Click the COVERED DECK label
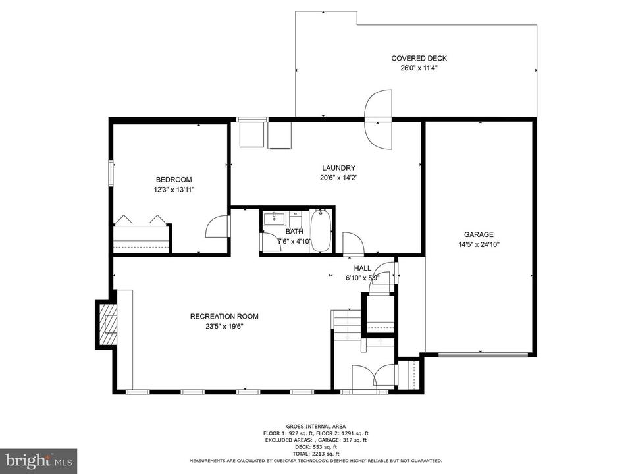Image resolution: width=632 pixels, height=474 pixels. (x=419, y=58)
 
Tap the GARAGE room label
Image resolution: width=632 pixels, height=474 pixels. (x=479, y=234)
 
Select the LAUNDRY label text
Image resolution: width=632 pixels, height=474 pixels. (x=338, y=168)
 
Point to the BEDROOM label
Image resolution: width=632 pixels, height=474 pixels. (x=174, y=179)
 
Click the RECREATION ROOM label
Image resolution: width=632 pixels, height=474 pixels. (x=224, y=317)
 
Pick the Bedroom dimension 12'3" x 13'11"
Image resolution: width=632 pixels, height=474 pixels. (x=174, y=190)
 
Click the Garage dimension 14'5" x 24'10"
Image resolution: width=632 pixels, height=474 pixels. (x=479, y=244)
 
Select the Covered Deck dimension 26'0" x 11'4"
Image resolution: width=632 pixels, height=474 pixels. (x=419, y=68)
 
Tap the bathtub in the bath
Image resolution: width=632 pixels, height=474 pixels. (x=321, y=231)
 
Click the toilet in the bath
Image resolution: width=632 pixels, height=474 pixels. (x=296, y=220)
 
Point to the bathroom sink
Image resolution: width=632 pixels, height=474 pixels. (x=275, y=220)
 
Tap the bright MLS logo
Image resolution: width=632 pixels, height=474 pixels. (x=38, y=461)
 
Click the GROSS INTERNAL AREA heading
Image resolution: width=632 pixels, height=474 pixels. (x=316, y=427)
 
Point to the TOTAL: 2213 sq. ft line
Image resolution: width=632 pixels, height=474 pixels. (x=316, y=454)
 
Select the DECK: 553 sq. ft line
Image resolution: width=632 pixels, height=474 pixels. (x=316, y=446)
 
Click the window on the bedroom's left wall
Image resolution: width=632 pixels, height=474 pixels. (x=111, y=173)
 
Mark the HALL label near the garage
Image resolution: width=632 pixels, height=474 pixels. (x=362, y=268)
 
